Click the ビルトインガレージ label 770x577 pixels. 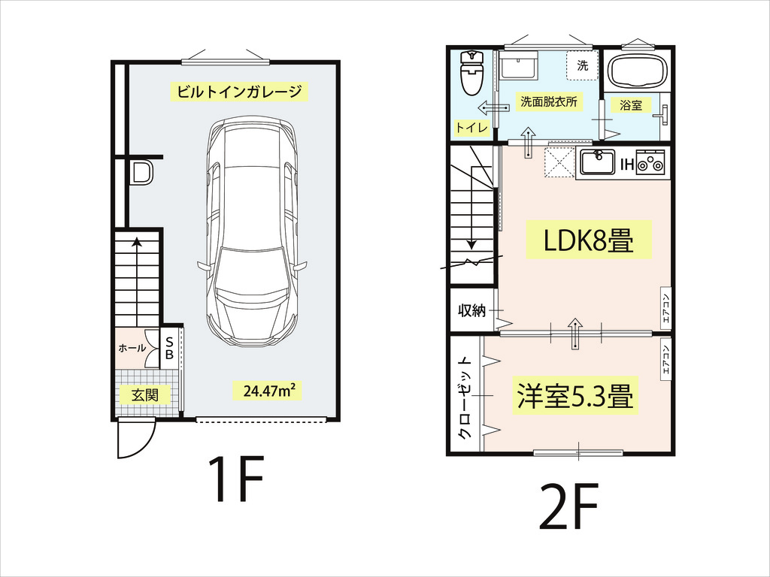click(x=239, y=92)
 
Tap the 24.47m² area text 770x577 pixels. click(x=270, y=391)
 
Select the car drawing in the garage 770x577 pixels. click(x=252, y=233)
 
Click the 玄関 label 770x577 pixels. click(x=145, y=394)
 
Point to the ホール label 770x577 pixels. click(x=132, y=349)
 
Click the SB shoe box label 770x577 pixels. click(x=169, y=348)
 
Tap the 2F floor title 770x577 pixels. click(x=569, y=506)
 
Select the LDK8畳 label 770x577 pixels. click(x=589, y=240)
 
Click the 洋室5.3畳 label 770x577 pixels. click(x=575, y=396)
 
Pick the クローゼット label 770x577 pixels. click(x=465, y=398)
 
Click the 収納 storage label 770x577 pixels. click(x=472, y=310)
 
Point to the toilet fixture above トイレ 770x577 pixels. click(x=472, y=73)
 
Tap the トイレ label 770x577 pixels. click(x=472, y=128)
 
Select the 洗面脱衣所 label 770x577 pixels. click(x=548, y=102)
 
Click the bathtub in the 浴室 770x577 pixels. click(x=637, y=71)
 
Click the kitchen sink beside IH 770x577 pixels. click(x=598, y=162)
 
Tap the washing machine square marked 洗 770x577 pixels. click(x=583, y=66)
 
